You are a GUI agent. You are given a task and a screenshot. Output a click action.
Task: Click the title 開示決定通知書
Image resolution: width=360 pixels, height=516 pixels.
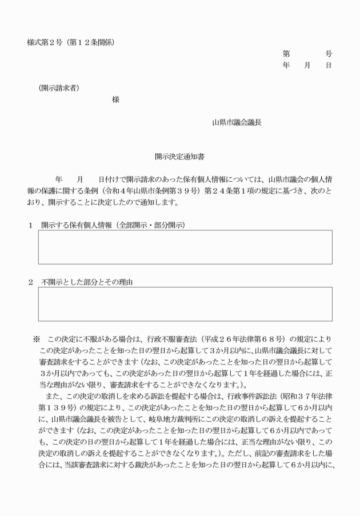click(179, 155)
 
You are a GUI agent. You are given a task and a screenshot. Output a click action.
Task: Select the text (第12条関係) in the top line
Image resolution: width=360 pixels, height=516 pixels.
click(93, 43)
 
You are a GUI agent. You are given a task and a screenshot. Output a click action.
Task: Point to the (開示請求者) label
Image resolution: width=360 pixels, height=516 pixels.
click(59, 87)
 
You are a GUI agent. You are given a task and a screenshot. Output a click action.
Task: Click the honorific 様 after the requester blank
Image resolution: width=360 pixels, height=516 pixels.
click(116, 99)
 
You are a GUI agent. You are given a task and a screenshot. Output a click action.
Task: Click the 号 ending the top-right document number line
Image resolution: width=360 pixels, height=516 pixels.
click(329, 54)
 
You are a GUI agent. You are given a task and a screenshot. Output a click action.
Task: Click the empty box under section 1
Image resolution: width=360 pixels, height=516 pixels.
click(185, 247)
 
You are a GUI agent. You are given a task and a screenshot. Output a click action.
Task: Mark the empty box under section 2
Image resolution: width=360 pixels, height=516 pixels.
click(185, 304)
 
